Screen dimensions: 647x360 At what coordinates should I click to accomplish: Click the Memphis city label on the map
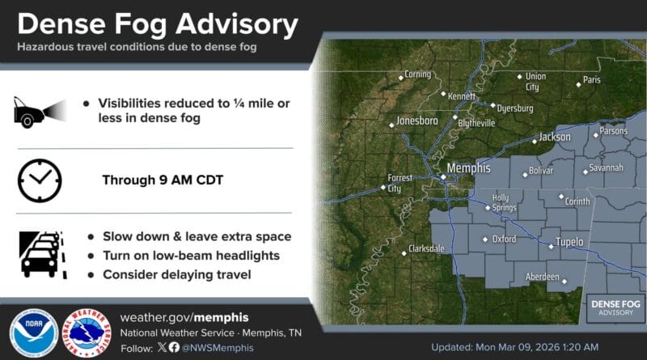coord(469,168)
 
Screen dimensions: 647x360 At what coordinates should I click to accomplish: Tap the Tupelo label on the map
coord(569,242)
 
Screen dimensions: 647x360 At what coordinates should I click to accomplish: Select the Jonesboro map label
coord(417,121)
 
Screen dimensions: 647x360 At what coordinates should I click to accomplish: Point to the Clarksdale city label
coord(426,248)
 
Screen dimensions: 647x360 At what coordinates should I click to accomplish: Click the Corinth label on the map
coord(577,201)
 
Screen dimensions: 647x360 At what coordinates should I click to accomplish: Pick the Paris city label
coord(592,79)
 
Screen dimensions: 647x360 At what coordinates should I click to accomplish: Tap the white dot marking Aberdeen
coord(565,282)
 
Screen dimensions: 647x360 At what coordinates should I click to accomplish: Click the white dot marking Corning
coord(400,78)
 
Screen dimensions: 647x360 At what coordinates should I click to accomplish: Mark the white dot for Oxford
coord(485,239)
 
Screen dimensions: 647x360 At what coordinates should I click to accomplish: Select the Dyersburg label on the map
coord(515,108)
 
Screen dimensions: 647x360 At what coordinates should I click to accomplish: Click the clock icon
coord(40,180)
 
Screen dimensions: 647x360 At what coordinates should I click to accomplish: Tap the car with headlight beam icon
coord(40,112)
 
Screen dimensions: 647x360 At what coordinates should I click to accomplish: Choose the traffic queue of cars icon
coord(43,255)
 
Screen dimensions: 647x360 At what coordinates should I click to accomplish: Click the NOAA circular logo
coord(34,332)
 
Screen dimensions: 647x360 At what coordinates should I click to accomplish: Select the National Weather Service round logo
coord(87,332)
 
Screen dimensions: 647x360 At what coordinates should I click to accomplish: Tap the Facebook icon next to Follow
coord(174,347)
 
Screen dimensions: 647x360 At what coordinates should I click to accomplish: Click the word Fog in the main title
coord(140,25)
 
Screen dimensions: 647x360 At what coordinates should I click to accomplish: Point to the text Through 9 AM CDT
coord(163,180)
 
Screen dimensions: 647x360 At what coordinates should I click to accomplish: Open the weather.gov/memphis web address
coord(184,317)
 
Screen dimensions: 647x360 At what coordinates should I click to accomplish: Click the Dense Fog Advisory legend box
coord(615,308)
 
